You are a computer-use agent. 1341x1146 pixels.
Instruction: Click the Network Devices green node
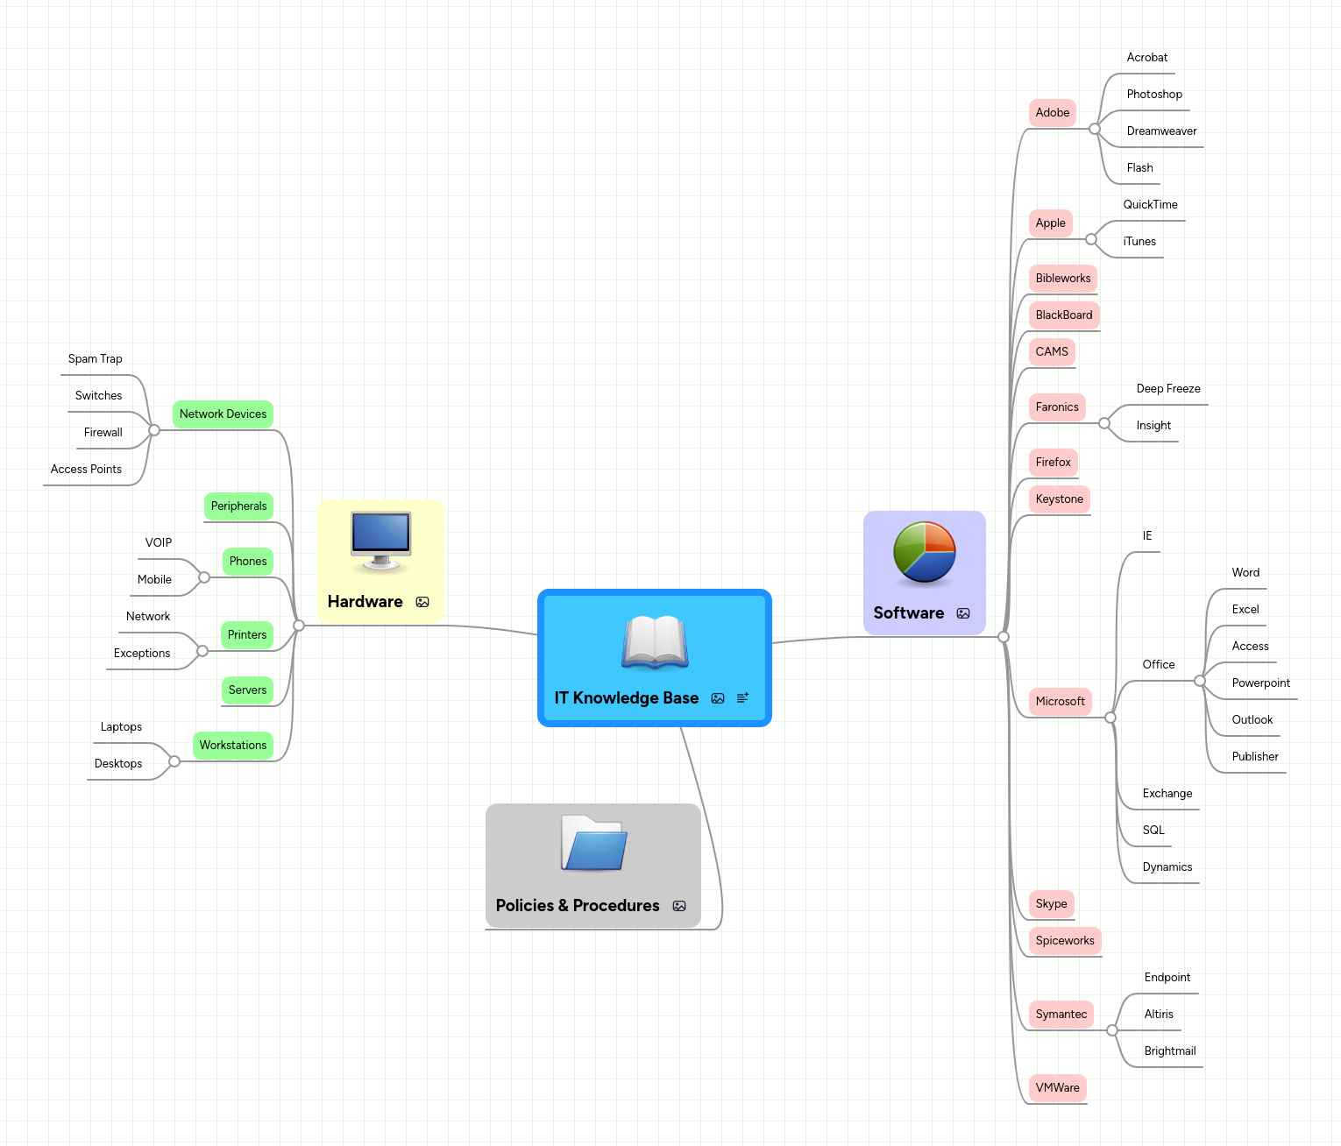223,414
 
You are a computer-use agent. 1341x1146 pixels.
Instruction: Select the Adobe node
1052,113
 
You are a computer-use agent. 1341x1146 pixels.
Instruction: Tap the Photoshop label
1153,95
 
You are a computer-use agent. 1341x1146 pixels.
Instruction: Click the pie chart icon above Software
924,552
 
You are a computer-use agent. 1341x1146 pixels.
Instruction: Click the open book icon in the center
655,642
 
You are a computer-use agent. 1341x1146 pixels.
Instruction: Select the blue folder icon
593,844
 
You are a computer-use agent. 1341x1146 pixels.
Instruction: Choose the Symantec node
1061,1015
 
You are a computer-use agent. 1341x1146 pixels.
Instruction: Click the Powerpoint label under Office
1260,683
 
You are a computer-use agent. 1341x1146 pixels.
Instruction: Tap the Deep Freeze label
1167,389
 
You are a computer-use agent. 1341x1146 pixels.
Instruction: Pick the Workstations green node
232,746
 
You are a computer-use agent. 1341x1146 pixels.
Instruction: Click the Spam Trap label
95,359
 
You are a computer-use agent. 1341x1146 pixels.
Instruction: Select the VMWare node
1057,1088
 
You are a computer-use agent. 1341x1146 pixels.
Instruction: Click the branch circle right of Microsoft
1110,718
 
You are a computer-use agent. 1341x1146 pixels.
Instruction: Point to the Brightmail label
1169,1051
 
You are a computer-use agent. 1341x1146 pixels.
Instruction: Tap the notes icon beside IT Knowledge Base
742,698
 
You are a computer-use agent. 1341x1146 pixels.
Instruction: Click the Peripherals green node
238,506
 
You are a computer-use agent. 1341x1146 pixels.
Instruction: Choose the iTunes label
1139,242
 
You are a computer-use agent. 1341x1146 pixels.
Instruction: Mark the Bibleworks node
1062,279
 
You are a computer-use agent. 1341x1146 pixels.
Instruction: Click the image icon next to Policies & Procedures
679,906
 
